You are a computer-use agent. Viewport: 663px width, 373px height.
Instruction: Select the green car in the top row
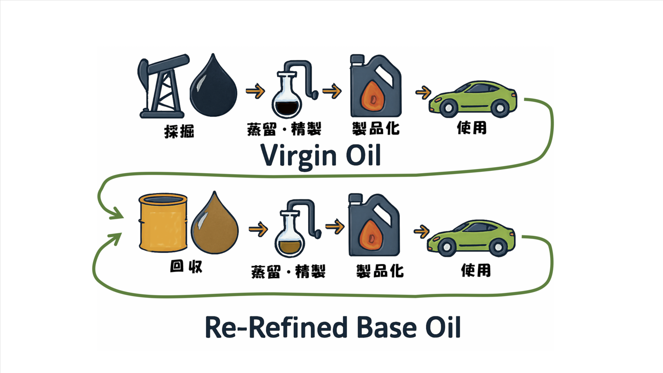[472, 99]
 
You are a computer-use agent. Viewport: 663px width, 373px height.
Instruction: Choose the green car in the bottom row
[471, 238]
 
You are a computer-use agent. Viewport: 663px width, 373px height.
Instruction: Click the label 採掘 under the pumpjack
[179, 131]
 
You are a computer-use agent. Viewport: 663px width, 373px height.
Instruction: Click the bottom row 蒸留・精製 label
[288, 271]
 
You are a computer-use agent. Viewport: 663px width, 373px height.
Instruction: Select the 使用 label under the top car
[471, 128]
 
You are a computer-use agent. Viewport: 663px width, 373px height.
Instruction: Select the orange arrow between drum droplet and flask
[258, 228]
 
